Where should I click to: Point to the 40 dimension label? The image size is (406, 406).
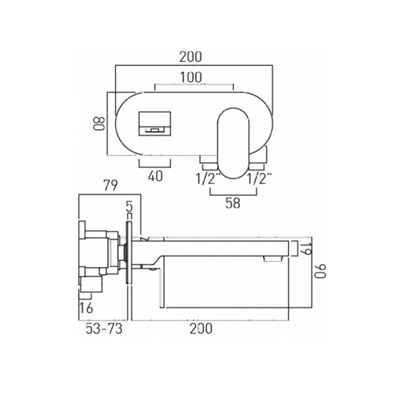[x=155, y=176]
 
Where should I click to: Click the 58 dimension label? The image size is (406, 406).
[x=233, y=203]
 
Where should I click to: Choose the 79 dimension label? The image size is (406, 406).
[x=110, y=186]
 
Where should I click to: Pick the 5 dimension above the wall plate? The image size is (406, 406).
[x=128, y=206]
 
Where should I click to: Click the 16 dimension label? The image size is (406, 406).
[x=86, y=307]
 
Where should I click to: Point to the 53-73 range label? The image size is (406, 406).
[x=104, y=329]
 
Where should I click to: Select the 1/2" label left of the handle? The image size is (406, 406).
[x=207, y=179]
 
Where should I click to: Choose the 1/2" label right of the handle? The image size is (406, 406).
[x=259, y=179]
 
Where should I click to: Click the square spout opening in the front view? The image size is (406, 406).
[x=155, y=124]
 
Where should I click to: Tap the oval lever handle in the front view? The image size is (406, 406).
[x=234, y=143]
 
